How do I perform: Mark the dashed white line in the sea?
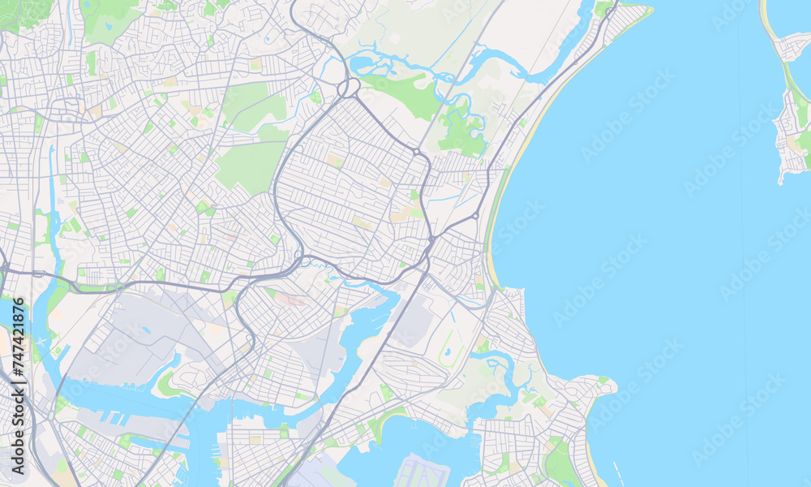(x=620, y=471)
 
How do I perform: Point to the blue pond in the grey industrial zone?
(x=146, y=330)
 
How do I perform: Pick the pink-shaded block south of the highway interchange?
(x=288, y=299)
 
